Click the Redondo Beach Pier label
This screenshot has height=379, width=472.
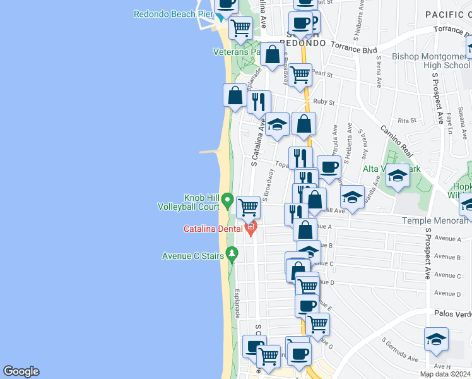pyautogui.click(x=172, y=14)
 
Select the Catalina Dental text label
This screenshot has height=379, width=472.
pyautogui.click(x=214, y=229)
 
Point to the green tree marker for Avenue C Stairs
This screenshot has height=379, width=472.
pyautogui.click(x=232, y=255)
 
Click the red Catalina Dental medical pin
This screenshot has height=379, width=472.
pyautogui.click(x=251, y=228)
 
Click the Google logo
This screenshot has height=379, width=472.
pyautogui.click(x=21, y=371)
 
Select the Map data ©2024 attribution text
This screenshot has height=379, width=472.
pyautogui.click(x=445, y=374)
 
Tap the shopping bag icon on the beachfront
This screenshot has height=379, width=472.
pyautogui.click(x=235, y=95)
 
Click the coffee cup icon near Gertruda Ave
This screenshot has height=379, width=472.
pyautogui.click(x=329, y=167)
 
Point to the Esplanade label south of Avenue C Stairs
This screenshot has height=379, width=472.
pyautogui.click(x=237, y=303)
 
